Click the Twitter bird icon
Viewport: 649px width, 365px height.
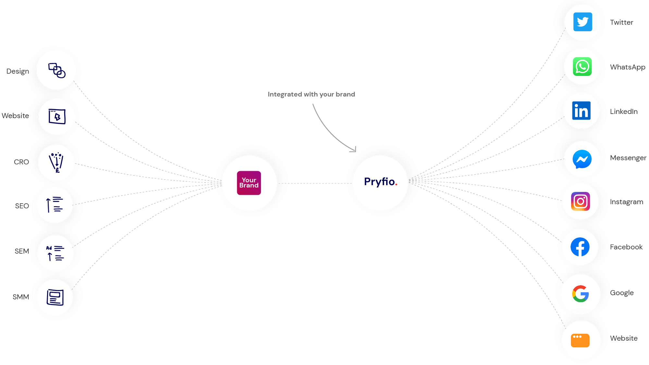tap(582, 22)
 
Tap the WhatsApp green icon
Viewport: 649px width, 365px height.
tap(582, 67)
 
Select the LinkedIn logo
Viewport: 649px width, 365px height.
tap(581, 111)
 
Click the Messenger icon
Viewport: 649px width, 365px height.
tap(582, 159)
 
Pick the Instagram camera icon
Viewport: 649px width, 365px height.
tap(581, 201)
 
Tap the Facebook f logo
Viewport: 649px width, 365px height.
tap(580, 247)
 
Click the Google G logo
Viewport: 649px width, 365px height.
tap(580, 294)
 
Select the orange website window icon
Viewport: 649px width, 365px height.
tap(580, 340)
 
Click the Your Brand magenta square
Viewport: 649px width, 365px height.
tap(249, 183)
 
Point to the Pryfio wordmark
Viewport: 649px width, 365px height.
tap(380, 182)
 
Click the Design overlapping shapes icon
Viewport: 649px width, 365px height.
tap(57, 70)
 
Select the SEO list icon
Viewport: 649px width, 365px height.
tap(55, 205)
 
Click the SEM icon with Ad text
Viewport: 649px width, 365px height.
tap(55, 253)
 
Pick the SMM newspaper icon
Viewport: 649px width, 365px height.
tap(55, 297)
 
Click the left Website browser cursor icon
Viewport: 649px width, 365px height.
tap(57, 117)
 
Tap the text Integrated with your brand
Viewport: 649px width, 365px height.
tap(311, 94)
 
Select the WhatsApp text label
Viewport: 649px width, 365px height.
tap(627, 67)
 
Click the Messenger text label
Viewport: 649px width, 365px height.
tap(628, 158)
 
